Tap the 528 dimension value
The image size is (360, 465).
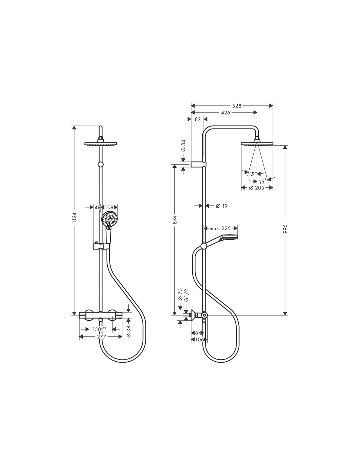pos(237,106)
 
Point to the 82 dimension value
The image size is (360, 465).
pos(198,119)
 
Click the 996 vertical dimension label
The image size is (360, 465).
pos(285,230)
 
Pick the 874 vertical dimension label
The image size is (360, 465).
pos(175,220)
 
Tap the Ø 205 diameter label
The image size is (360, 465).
pos(257,188)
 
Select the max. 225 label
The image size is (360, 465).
pos(220,229)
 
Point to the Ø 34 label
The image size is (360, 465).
pos(183,146)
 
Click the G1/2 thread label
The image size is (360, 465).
pos(186,295)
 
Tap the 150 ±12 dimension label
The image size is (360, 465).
pos(99,329)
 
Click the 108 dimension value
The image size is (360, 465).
pos(109,207)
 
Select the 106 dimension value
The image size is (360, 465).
pos(199,340)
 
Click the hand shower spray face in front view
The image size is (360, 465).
pos(109,218)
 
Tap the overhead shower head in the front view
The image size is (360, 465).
pos(101,143)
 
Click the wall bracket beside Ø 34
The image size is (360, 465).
pos(198,164)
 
